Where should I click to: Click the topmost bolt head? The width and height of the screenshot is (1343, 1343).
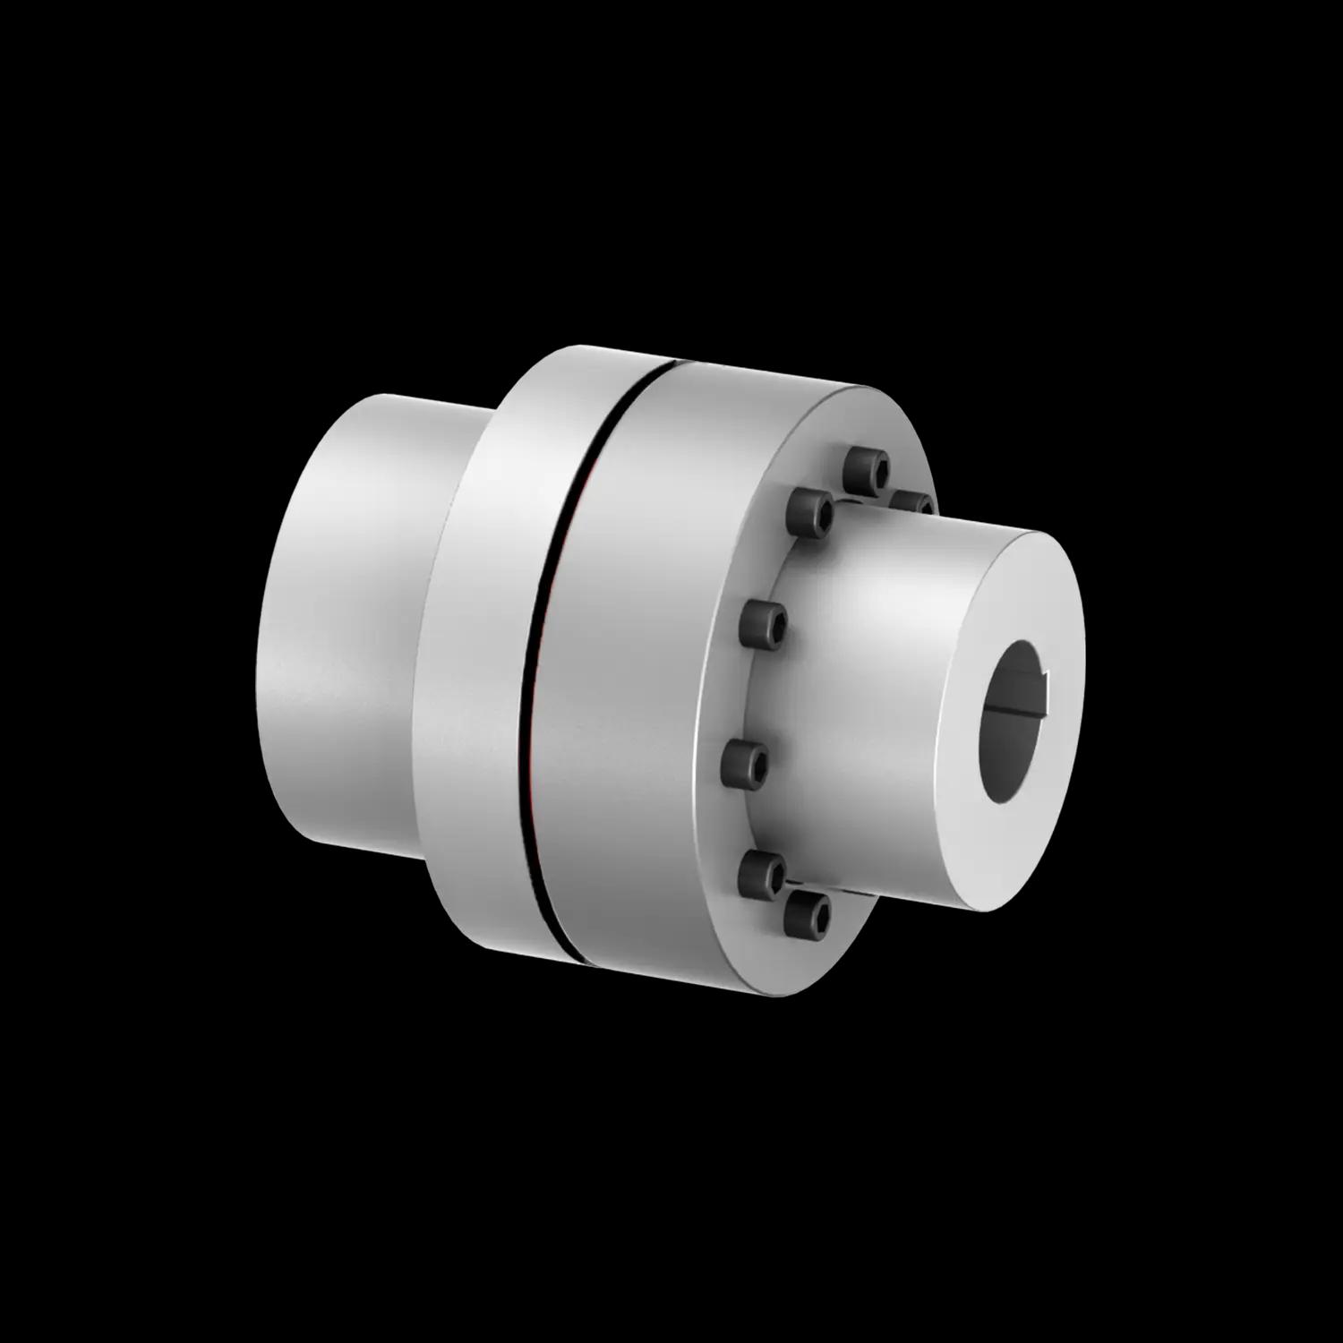(868, 469)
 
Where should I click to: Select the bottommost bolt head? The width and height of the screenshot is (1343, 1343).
(808, 913)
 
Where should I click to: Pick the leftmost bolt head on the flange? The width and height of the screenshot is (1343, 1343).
(745, 763)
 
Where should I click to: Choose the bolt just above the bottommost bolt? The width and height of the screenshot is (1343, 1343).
(764, 872)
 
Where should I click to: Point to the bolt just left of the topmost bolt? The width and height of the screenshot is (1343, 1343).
(810, 515)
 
